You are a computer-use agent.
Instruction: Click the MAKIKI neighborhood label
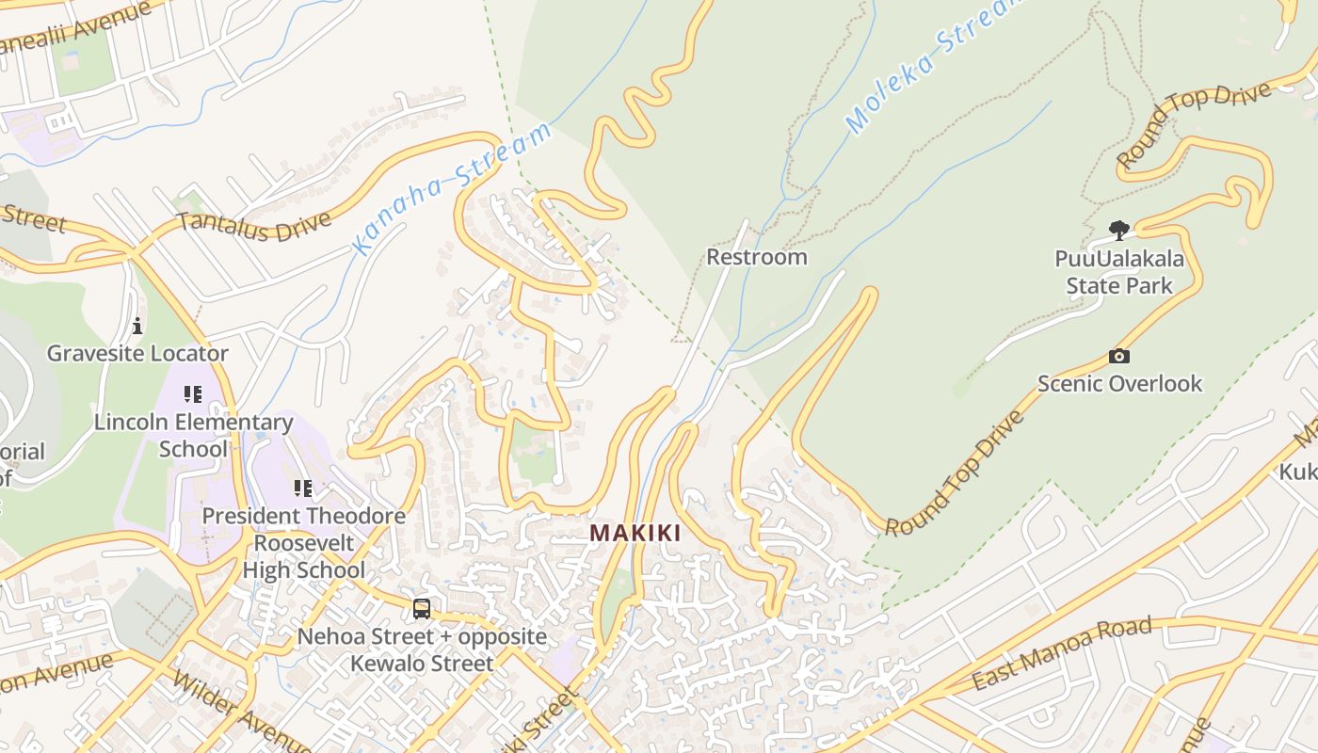click(635, 533)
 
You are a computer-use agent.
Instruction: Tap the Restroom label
click(756, 257)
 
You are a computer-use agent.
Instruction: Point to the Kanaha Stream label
click(451, 187)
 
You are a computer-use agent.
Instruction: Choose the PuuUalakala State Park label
click(1119, 272)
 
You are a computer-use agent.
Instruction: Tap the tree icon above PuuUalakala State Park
click(1119, 230)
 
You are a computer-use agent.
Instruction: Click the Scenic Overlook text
click(1119, 383)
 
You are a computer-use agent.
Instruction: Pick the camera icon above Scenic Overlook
click(1119, 356)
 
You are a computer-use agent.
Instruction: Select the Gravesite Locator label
click(137, 354)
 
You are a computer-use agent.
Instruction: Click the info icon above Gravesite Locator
click(137, 327)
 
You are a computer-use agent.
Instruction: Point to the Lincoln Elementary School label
click(193, 435)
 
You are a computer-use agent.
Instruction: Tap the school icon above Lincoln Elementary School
click(193, 394)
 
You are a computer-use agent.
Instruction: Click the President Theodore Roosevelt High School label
click(303, 543)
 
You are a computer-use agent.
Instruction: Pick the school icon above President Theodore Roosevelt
click(303, 489)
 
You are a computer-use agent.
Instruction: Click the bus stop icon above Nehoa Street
click(422, 609)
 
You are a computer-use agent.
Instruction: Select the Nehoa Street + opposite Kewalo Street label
click(422, 649)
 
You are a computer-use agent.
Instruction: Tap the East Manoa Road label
click(1061, 653)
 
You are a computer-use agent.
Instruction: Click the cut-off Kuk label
click(1298, 471)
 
